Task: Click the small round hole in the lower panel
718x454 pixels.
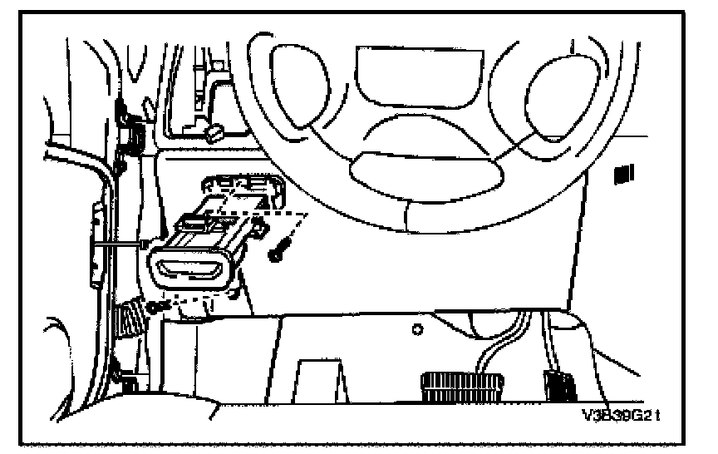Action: (417, 329)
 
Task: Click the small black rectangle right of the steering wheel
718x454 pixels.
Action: (620, 173)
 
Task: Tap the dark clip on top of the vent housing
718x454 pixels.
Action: (194, 222)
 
